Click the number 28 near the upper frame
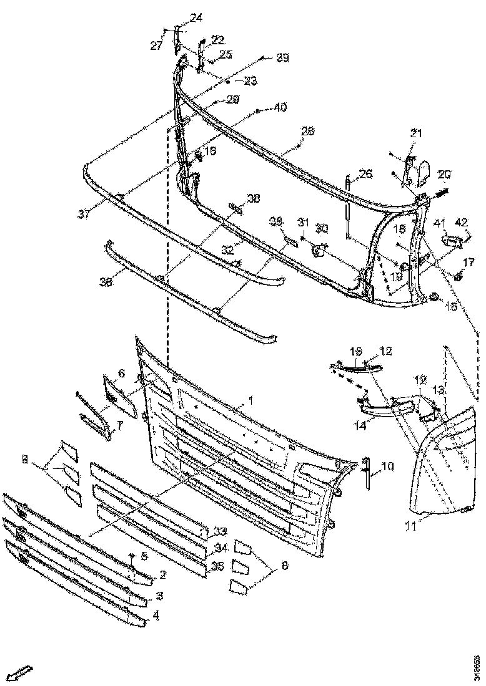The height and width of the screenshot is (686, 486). point(307,132)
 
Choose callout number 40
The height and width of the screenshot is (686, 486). point(279,108)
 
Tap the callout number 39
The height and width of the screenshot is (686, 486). point(282,57)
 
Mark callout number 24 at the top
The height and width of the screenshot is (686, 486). point(196,18)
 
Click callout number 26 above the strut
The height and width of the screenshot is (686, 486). point(365,173)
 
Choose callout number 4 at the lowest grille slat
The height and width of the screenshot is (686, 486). point(155,615)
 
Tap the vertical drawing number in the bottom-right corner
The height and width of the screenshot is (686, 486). point(477,665)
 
